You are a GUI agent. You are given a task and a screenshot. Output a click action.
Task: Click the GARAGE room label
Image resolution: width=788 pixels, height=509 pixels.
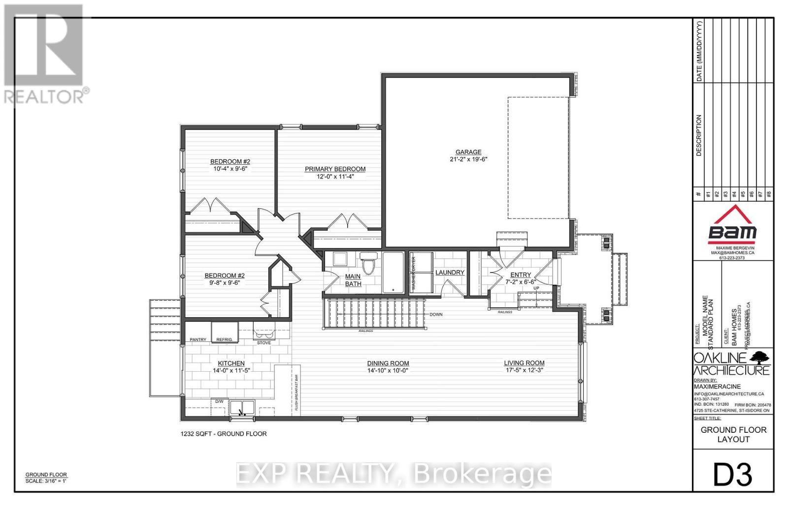point(468,152)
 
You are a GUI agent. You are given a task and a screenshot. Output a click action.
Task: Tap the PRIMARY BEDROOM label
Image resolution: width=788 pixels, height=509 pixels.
point(335,169)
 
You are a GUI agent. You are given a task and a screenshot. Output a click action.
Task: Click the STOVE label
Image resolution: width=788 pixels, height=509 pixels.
point(264,343)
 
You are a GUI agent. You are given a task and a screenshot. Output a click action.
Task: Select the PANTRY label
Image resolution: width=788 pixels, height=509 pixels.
point(198,340)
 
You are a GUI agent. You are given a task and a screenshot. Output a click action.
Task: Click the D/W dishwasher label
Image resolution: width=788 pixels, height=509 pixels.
point(220,401)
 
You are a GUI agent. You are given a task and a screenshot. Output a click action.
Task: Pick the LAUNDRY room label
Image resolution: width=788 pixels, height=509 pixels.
point(450,272)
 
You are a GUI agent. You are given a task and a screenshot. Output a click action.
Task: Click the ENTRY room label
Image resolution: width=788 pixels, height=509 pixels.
point(521,275)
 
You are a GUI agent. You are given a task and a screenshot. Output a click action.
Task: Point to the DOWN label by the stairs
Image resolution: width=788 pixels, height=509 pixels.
point(436,314)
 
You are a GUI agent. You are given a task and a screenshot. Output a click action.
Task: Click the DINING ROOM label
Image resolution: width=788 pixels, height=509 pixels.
point(388,363)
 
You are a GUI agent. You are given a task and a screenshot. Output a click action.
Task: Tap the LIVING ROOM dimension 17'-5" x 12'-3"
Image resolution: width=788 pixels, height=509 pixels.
point(524,370)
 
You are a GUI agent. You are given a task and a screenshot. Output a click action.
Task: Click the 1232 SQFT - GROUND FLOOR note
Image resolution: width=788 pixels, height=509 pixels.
point(223,434)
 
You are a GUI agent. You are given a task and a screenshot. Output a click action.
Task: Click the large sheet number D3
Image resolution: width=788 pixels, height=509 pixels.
point(733,475)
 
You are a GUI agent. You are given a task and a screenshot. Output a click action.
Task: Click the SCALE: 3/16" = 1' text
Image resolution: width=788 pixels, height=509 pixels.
point(46,481)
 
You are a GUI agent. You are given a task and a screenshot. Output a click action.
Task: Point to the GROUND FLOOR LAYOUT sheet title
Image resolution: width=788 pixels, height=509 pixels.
point(733,434)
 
